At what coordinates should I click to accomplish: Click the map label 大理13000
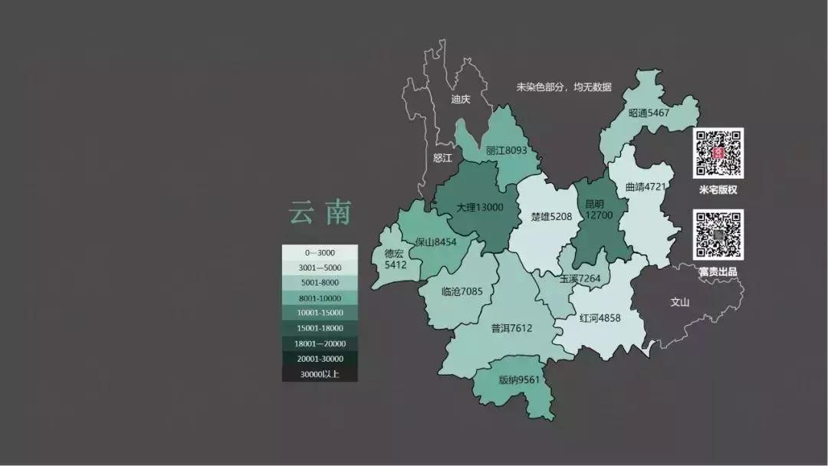(480, 208)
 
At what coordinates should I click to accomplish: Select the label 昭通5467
(649, 113)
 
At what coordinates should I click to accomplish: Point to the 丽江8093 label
(506, 151)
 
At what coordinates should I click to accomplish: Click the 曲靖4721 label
(646, 186)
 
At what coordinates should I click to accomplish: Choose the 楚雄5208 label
(551, 217)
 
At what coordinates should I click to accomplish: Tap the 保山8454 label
(435, 242)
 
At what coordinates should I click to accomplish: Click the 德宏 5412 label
(394, 259)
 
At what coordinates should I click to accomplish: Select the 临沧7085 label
(462, 291)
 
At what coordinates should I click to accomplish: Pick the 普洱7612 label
(511, 328)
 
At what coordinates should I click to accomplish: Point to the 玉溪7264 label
(580, 279)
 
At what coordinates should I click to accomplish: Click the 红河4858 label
(600, 318)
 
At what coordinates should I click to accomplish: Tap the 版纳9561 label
(519, 379)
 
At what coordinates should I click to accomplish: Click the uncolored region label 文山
(680, 302)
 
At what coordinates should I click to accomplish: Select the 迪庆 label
(461, 100)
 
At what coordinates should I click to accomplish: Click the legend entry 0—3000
(320, 253)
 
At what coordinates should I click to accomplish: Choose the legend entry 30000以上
(320, 374)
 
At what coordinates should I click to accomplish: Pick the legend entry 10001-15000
(320, 313)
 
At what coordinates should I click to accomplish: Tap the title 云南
(320, 212)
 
